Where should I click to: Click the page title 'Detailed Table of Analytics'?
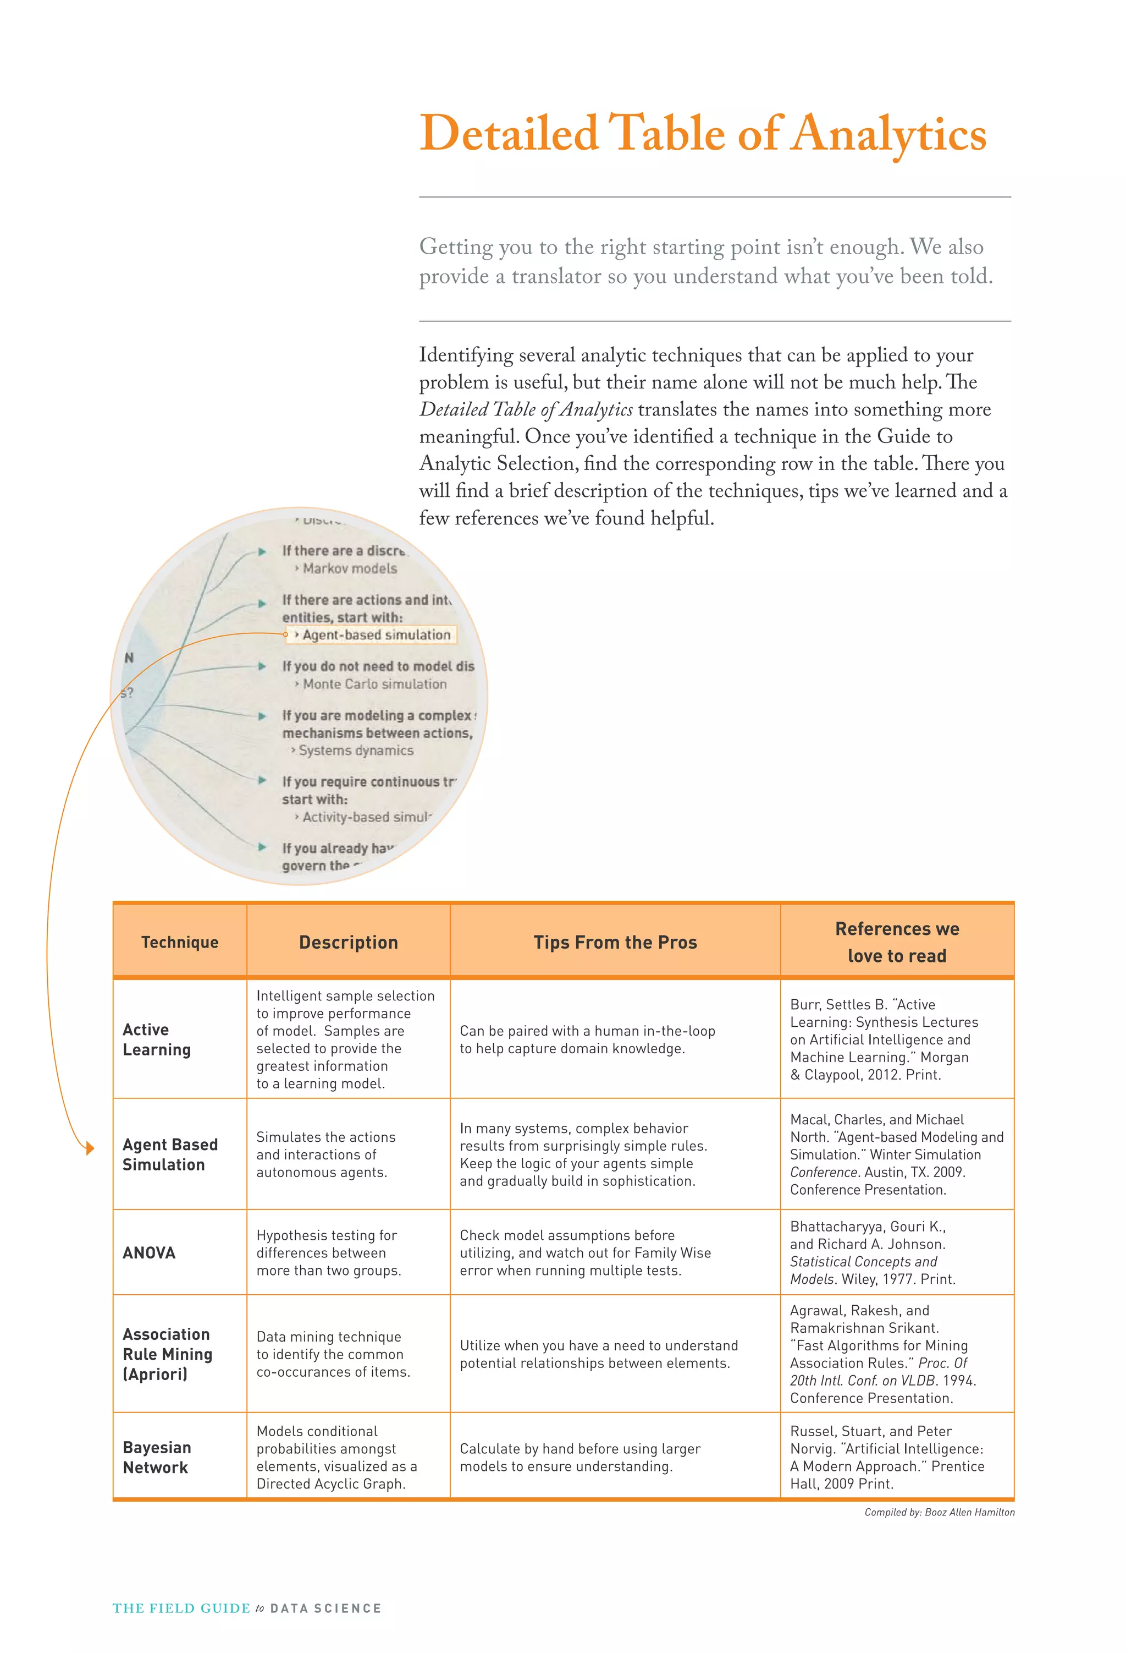point(702,134)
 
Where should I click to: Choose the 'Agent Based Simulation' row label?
point(170,1154)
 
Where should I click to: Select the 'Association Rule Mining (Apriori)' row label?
point(167,1354)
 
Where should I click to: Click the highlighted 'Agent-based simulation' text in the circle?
point(376,634)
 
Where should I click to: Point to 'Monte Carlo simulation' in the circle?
point(374,683)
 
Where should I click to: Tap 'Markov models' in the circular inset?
point(350,568)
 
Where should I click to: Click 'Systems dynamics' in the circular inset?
point(355,751)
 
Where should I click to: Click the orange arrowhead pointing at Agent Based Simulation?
point(90,1148)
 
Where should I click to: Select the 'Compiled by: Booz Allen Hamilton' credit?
point(939,1512)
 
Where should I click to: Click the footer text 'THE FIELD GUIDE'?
point(181,1608)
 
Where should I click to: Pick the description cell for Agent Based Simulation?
point(325,1154)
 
